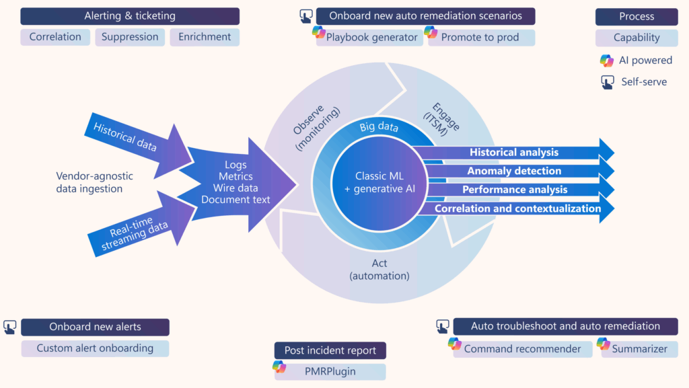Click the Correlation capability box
56,38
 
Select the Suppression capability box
130,38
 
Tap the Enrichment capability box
205,38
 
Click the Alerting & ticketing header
130,16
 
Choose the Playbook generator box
371,38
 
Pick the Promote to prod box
480,38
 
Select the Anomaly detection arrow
514,171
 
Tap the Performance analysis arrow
514,190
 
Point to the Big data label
378,127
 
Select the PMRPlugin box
330,371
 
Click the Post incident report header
330,350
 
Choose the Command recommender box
521,349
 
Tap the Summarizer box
639,349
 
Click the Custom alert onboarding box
95,348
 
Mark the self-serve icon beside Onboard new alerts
10,327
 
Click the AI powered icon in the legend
607,61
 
